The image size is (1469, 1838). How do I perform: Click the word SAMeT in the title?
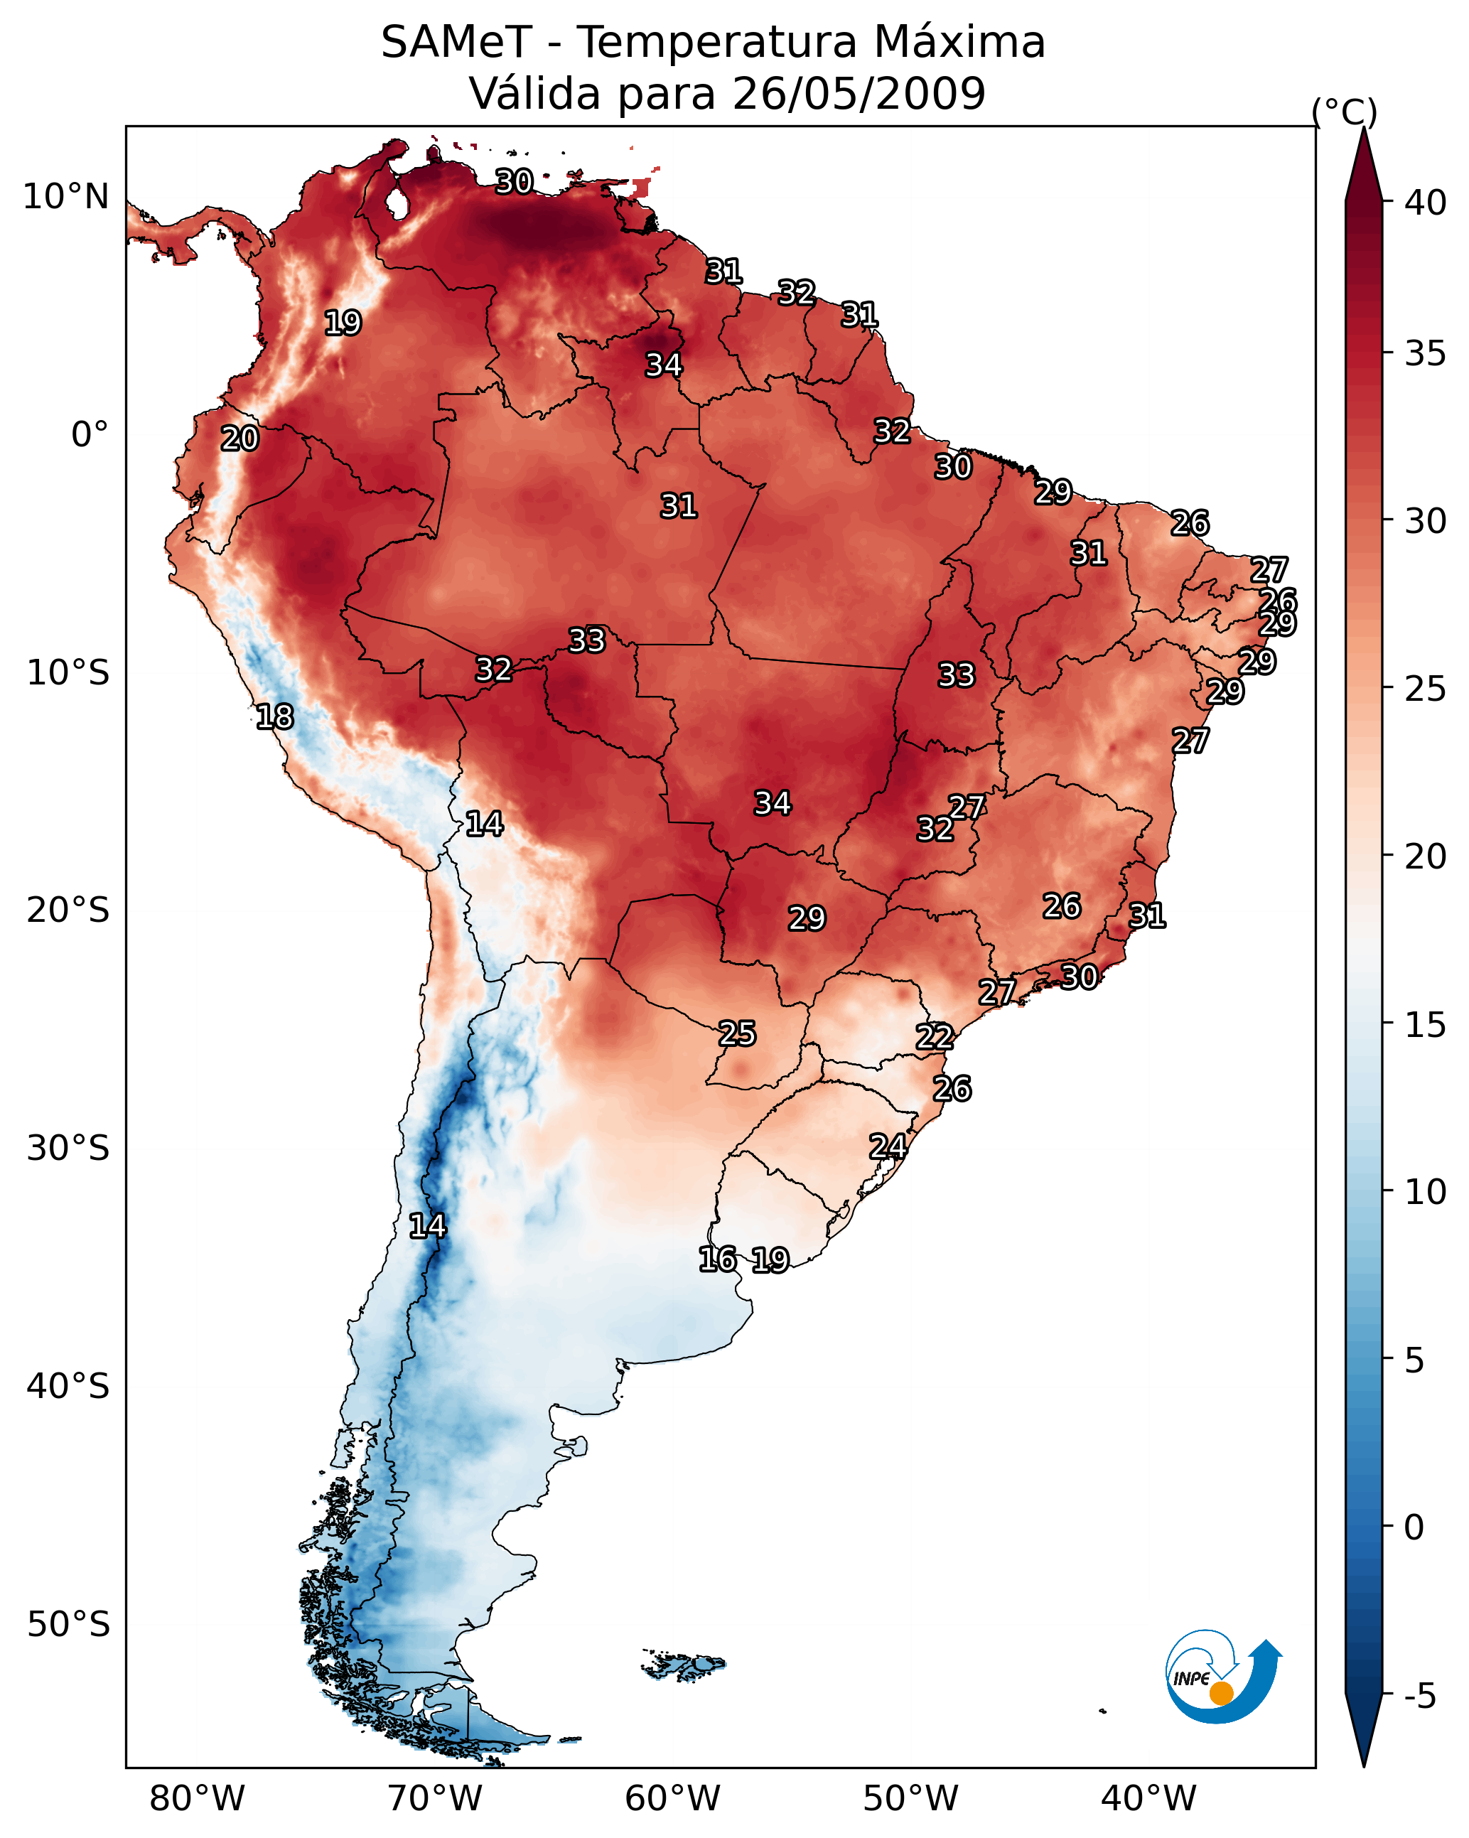point(456,42)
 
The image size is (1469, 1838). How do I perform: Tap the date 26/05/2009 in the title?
point(859,94)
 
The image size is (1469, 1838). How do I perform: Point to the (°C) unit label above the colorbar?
point(1344,112)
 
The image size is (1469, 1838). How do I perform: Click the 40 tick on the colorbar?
point(1426,203)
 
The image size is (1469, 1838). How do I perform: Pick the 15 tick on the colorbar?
point(1426,1025)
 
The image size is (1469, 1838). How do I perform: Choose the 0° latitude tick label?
point(90,435)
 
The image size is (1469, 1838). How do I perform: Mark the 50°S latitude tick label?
point(68,1625)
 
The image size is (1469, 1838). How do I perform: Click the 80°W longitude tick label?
point(197,1798)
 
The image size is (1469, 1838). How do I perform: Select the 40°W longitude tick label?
point(1148,1798)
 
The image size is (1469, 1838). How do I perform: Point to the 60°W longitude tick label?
point(673,1798)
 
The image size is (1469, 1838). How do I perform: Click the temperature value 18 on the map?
point(274,717)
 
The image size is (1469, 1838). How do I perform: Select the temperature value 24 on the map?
point(888,1146)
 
